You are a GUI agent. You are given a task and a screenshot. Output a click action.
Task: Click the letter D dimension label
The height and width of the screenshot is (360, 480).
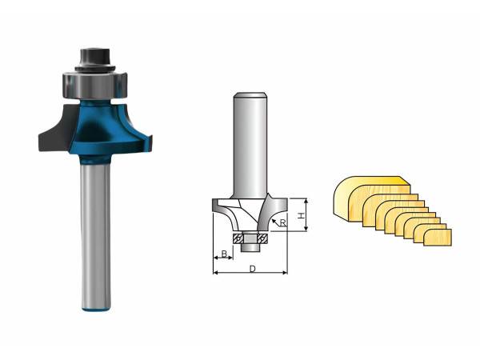click(x=253, y=269)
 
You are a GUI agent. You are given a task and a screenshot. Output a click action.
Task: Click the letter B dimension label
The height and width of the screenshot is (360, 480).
click(x=224, y=254)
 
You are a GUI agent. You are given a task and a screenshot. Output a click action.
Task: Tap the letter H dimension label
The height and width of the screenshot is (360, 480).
click(x=302, y=215)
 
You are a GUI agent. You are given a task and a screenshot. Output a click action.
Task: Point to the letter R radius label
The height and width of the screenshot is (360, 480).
click(x=283, y=223)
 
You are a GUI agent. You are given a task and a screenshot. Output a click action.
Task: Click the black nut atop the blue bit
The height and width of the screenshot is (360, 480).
click(x=95, y=60)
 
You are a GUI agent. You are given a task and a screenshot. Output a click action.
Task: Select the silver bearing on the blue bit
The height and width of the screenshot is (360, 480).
click(x=95, y=85)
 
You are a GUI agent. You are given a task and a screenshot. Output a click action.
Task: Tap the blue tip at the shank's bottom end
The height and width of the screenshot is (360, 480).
click(x=96, y=310)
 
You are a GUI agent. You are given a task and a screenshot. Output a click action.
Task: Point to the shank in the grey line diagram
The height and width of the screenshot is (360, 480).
click(x=250, y=146)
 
